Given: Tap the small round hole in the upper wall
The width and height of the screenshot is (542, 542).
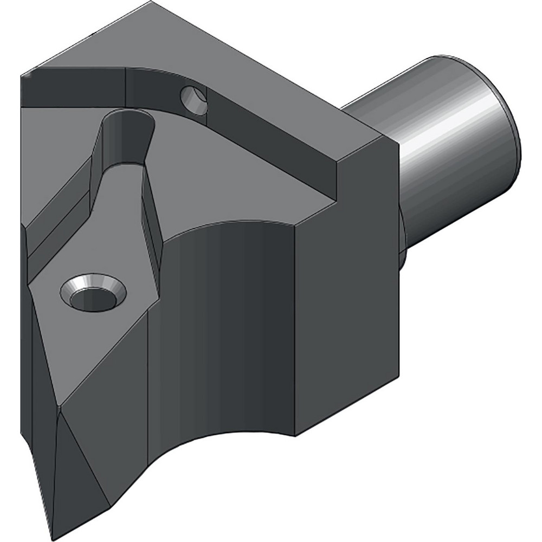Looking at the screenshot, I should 194,100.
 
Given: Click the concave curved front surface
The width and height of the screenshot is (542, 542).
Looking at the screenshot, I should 228,325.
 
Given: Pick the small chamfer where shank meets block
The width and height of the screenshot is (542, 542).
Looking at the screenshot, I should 403,238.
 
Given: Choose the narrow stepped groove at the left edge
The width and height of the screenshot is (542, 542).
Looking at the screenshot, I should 54,217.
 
